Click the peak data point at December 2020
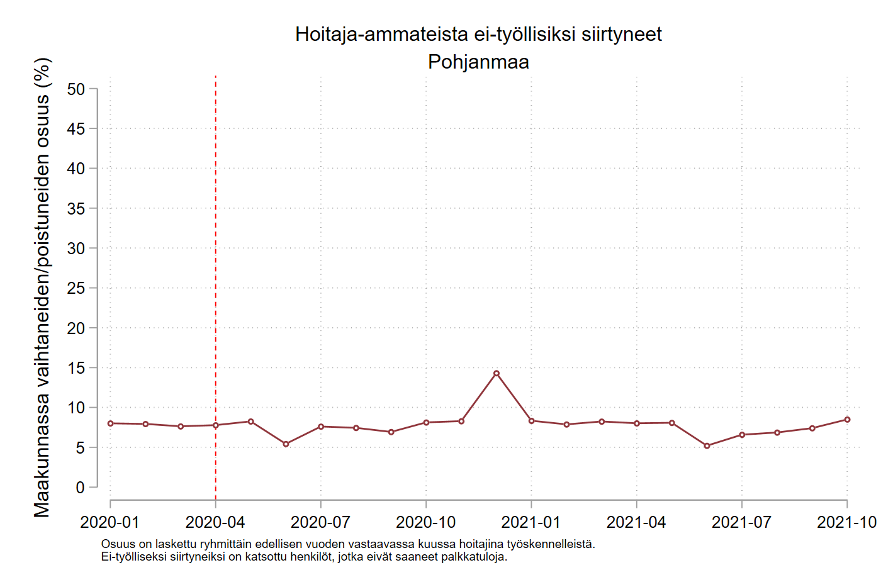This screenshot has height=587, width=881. tap(497, 373)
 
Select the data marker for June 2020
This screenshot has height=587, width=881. tap(286, 444)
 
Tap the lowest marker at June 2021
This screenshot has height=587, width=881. tap(707, 445)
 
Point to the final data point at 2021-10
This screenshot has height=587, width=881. tap(847, 420)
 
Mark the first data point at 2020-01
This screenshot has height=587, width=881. tap(111, 423)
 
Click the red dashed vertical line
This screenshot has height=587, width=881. tap(216, 252)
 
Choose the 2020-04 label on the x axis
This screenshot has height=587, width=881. tap(215, 522)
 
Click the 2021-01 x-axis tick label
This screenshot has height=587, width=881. tap(531, 522)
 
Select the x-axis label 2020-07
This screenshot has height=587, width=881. tap(320, 522)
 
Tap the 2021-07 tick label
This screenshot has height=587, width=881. tap(741, 522)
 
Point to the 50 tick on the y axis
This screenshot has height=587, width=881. tap(76, 89)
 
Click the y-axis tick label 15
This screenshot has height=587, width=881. tap(76, 368)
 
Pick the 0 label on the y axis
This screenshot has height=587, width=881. tap(80, 488)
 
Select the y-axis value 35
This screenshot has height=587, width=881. tap(76, 209)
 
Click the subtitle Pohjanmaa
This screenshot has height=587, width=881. tap(478, 62)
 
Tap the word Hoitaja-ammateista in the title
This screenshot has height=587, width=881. tap(381, 34)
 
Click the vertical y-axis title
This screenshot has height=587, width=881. tap(42, 288)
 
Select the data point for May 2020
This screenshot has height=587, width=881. tap(250, 422)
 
